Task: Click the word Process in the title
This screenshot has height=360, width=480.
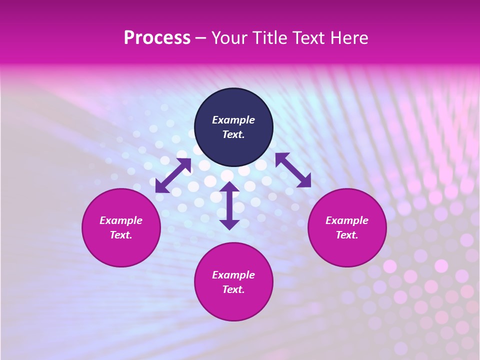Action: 157,38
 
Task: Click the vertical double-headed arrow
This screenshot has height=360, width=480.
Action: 229,205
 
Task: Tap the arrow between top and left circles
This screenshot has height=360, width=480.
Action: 173,175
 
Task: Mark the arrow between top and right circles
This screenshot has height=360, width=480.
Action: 293,170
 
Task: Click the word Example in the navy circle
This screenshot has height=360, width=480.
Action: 233,120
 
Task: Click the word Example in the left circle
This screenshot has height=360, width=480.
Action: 121,220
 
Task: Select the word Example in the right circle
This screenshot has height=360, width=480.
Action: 347,220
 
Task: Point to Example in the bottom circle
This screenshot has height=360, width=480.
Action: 233,275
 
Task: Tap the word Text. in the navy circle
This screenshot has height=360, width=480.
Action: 233,134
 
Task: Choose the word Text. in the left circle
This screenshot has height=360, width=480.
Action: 121,235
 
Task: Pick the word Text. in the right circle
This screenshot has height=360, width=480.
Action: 347,235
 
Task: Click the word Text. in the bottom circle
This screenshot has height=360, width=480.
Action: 233,289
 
